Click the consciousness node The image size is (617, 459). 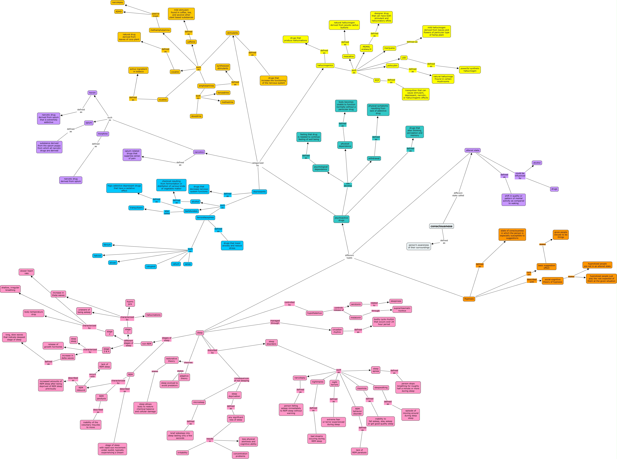tap(441, 226)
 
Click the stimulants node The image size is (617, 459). tap(232, 33)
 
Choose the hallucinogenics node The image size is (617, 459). tap(325, 66)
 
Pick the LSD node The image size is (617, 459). tap(404, 58)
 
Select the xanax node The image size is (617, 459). tap(188, 264)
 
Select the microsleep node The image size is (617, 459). tap(199, 402)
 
